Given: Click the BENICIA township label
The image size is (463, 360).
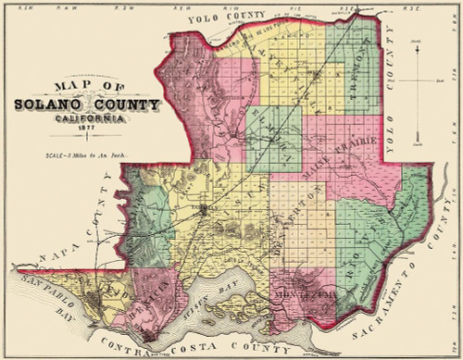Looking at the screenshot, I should click(x=151, y=299).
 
